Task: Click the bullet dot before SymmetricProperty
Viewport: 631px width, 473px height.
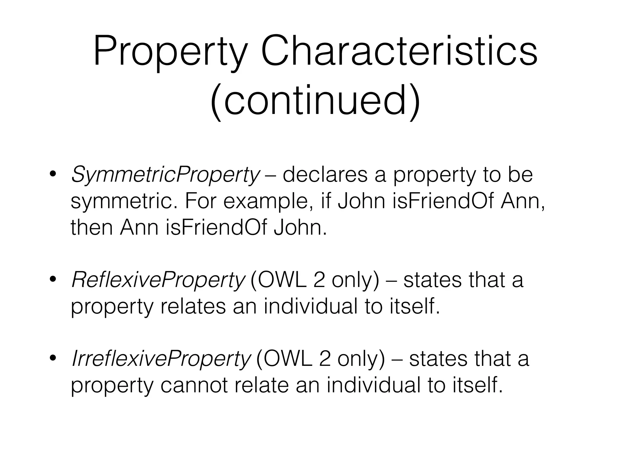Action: click(x=53, y=174)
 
